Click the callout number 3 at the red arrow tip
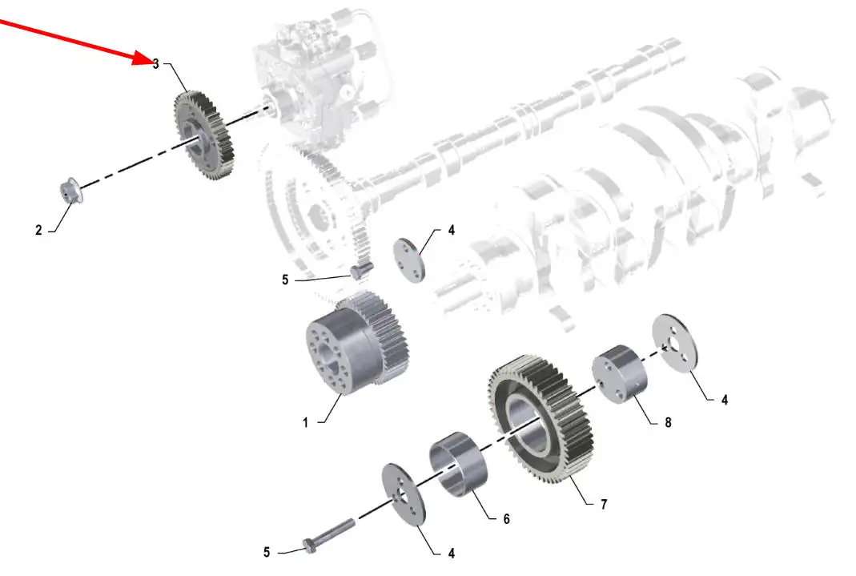pos(155,64)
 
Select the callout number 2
pos(38,231)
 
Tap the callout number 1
pos(305,422)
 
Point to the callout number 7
pos(603,505)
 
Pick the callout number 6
pos(506,519)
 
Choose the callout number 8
pos(668,422)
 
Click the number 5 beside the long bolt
pos(267,552)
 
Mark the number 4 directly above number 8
pos(725,401)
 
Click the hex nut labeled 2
pos(70,191)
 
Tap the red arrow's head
pos(143,58)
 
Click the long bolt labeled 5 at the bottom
pos(328,534)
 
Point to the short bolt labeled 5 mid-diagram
pos(361,271)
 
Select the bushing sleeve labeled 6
pos(458,465)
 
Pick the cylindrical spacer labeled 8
pos(619,375)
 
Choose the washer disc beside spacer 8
pos(675,344)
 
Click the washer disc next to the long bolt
pos(404,494)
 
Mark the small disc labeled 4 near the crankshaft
pos(409,260)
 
